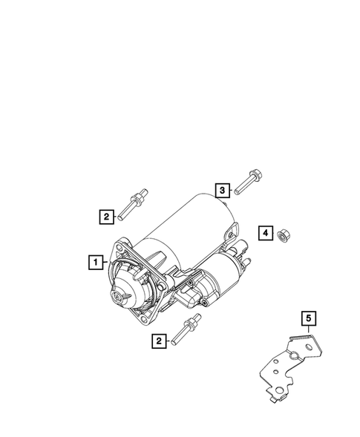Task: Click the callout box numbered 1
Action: (94, 261)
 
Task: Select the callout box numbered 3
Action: (222, 191)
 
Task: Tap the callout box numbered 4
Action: (264, 234)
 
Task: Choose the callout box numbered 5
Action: (308, 320)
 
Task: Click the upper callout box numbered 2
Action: (107, 217)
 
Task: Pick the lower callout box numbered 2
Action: (158, 341)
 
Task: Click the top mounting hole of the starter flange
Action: (123, 247)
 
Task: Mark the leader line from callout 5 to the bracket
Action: (308, 333)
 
